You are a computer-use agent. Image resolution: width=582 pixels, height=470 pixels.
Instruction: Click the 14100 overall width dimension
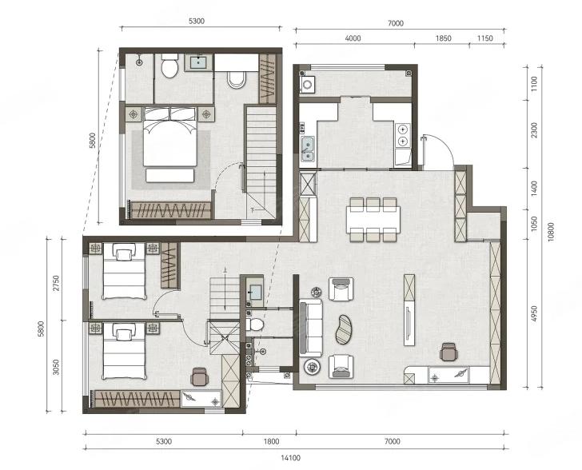[290, 458]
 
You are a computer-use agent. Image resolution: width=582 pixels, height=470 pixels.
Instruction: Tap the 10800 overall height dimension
[551, 232]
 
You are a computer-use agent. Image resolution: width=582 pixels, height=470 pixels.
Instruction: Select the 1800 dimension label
[271, 441]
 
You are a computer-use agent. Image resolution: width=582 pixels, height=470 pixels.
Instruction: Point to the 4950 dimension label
[534, 314]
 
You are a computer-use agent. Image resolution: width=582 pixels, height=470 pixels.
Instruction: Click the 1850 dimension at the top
[443, 38]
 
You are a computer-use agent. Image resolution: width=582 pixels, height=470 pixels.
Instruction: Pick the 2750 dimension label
[56, 283]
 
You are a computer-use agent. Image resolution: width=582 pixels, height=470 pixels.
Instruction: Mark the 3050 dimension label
[56, 367]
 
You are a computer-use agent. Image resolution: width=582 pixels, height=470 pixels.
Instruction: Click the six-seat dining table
[373, 219]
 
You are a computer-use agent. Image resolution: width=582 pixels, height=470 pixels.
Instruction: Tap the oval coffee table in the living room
[345, 329]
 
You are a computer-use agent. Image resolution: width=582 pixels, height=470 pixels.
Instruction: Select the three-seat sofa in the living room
[311, 329]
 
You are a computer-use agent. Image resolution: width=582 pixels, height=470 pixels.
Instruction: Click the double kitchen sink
[308, 149]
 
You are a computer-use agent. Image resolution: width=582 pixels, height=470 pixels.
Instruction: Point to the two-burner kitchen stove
[403, 136]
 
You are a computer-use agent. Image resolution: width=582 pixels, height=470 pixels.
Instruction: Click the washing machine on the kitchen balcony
[307, 85]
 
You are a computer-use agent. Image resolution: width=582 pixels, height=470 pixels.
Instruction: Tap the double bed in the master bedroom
[170, 137]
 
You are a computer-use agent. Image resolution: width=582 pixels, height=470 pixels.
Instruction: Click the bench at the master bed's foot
[170, 175]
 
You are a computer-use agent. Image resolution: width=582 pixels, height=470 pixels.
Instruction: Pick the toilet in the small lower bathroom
[255, 325]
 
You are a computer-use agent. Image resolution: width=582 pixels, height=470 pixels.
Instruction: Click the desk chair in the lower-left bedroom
[200, 376]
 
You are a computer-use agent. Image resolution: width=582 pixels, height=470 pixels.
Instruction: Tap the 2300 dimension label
[534, 130]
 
